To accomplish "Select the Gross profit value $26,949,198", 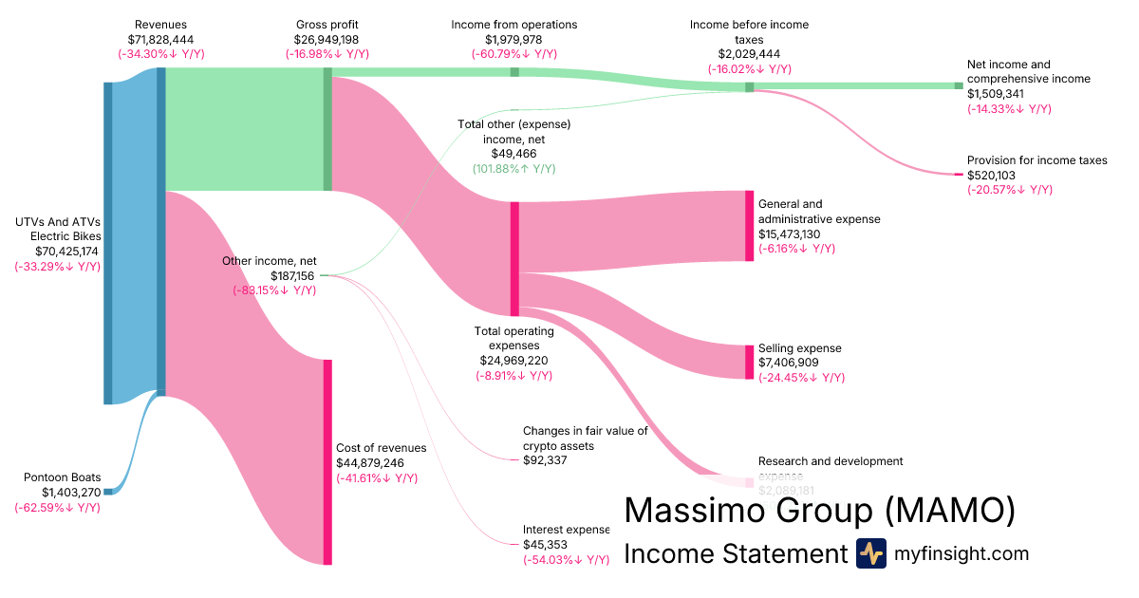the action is tap(327, 39).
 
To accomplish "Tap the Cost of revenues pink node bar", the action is tap(327, 462).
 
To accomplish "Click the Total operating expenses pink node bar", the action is tap(514, 258).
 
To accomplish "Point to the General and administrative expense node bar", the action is tap(749, 226).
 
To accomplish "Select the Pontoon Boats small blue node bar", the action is tap(108, 491).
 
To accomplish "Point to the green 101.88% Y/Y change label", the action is tap(513, 168).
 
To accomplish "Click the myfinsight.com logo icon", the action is tap(870, 553).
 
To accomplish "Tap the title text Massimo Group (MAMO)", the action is tap(819, 511).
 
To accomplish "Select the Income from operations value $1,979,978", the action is tap(513, 39).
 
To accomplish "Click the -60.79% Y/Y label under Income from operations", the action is tap(513, 54).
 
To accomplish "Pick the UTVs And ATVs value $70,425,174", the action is tap(57, 252).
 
